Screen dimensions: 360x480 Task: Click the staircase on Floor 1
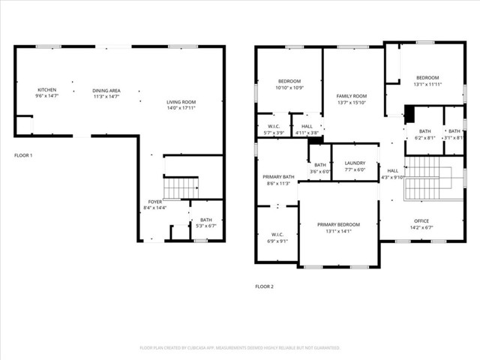(181, 187)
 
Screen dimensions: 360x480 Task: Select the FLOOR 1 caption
(24, 155)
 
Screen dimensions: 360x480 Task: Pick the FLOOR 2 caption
(264, 286)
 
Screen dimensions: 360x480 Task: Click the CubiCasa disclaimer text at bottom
(240, 348)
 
